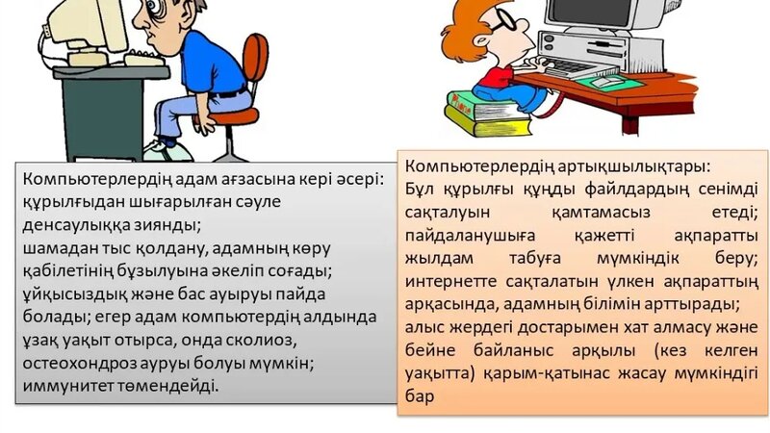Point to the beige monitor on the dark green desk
coord(87,29)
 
